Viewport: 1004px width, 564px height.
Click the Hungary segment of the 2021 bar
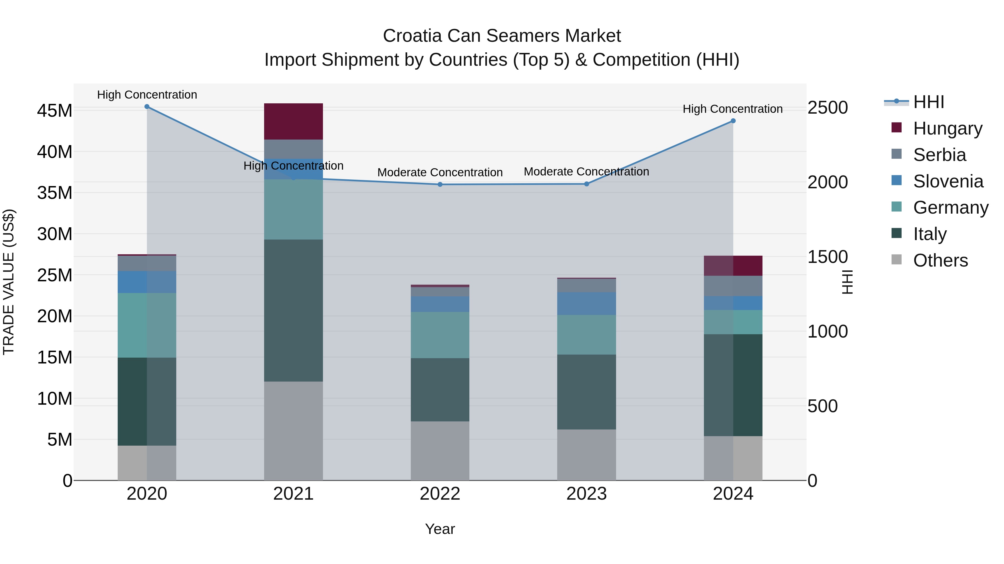pos(293,121)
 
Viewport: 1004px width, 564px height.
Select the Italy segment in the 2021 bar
pos(293,310)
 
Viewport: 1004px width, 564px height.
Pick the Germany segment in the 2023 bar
pos(586,335)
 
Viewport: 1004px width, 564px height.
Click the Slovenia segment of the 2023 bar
pos(586,304)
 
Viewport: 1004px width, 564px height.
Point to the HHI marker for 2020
pos(147,107)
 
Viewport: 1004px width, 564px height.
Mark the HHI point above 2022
pos(440,184)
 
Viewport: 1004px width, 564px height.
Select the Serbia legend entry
pos(939,155)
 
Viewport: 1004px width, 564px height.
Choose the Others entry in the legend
pos(940,260)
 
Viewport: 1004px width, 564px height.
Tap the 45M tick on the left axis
pos(55,111)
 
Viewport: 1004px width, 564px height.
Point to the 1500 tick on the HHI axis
pos(827,257)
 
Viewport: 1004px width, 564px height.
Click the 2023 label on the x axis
pos(586,494)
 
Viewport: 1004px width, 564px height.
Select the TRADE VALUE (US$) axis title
pos(9,282)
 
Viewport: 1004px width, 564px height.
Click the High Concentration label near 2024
pos(732,109)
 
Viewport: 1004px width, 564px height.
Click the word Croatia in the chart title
pos(412,36)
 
